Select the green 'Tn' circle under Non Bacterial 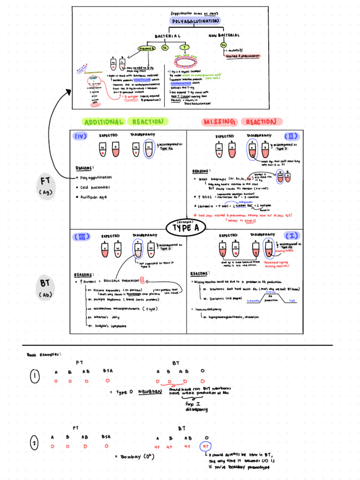pyautogui.click(x=223, y=45)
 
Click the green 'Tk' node pyautogui.click(x=165, y=48)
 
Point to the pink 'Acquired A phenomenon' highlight pyautogui.click(x=244, y=56)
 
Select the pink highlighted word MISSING pyautogui.click(x=219, y=122)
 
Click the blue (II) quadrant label pyautogui.click(x=291, y=136)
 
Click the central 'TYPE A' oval pyautogui.click(x=187, y=228)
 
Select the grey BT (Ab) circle pyautogui.click(x=46, y=288)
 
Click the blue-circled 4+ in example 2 pyautogui.click(x=205, y=446)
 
